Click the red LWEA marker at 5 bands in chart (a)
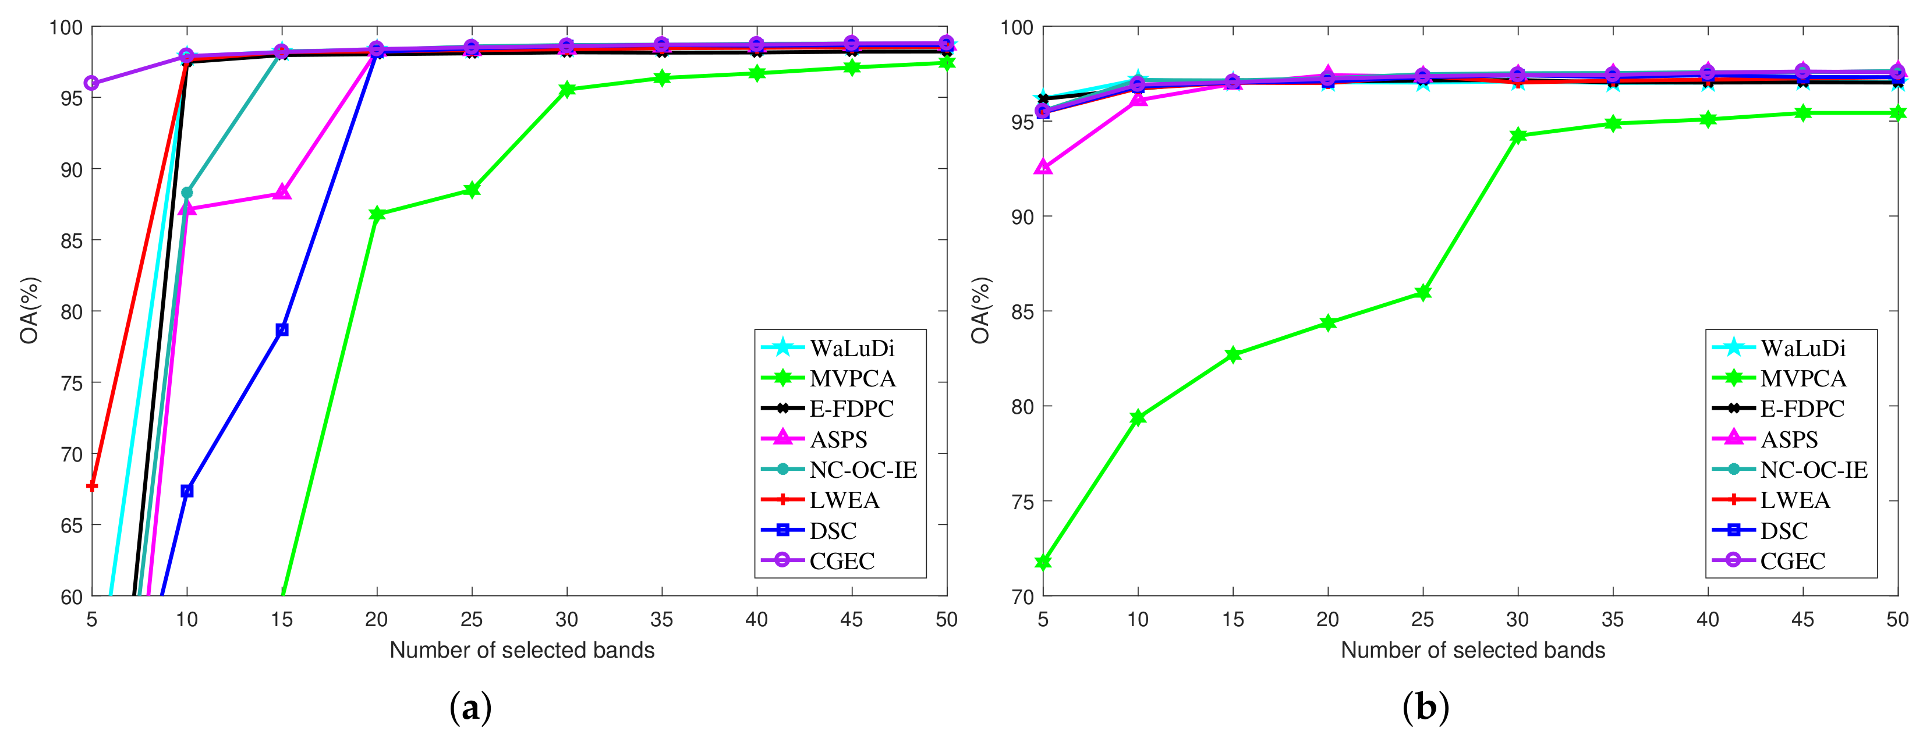coord(92,485)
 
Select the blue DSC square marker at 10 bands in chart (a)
coord(187,490)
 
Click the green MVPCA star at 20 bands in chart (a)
coord(377,214)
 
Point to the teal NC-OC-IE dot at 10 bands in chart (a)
coord(187,193)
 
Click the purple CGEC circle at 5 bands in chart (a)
coord(92,83)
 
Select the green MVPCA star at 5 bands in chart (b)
coord(1043,562)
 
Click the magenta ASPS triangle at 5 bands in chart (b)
coord(1043,168)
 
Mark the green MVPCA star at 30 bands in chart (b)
coord(1518,136)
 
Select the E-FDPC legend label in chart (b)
coord(1802,409)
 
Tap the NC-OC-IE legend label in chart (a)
coord(863,470)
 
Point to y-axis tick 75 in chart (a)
coord(72,383)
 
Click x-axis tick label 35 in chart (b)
coord(1613,619)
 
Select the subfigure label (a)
coord(470,707)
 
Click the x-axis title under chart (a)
coord(522,650)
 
